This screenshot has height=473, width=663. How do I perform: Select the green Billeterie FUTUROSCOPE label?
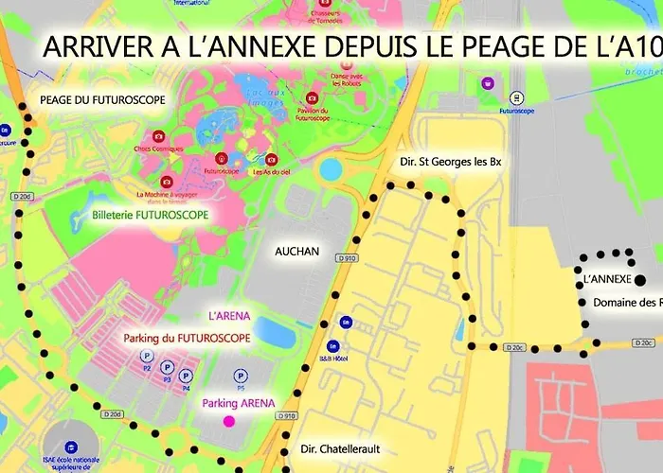click(x=151, y=215)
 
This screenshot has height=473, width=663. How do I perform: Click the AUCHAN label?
click(x=297, y=252)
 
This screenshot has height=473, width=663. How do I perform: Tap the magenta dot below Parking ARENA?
click(x=228, y=420)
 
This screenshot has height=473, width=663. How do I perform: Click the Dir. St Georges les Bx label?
click(x=444, y=163)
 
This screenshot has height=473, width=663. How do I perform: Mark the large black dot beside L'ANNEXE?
click(x=640, y=279)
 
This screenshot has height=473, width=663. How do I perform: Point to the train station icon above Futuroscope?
click(x=516, y=96)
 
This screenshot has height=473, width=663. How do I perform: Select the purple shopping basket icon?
click(x=487, y=83)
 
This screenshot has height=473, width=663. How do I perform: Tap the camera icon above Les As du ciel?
click(x=272, y=159)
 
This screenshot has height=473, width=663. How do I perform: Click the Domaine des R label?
click(x=626, y=303)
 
